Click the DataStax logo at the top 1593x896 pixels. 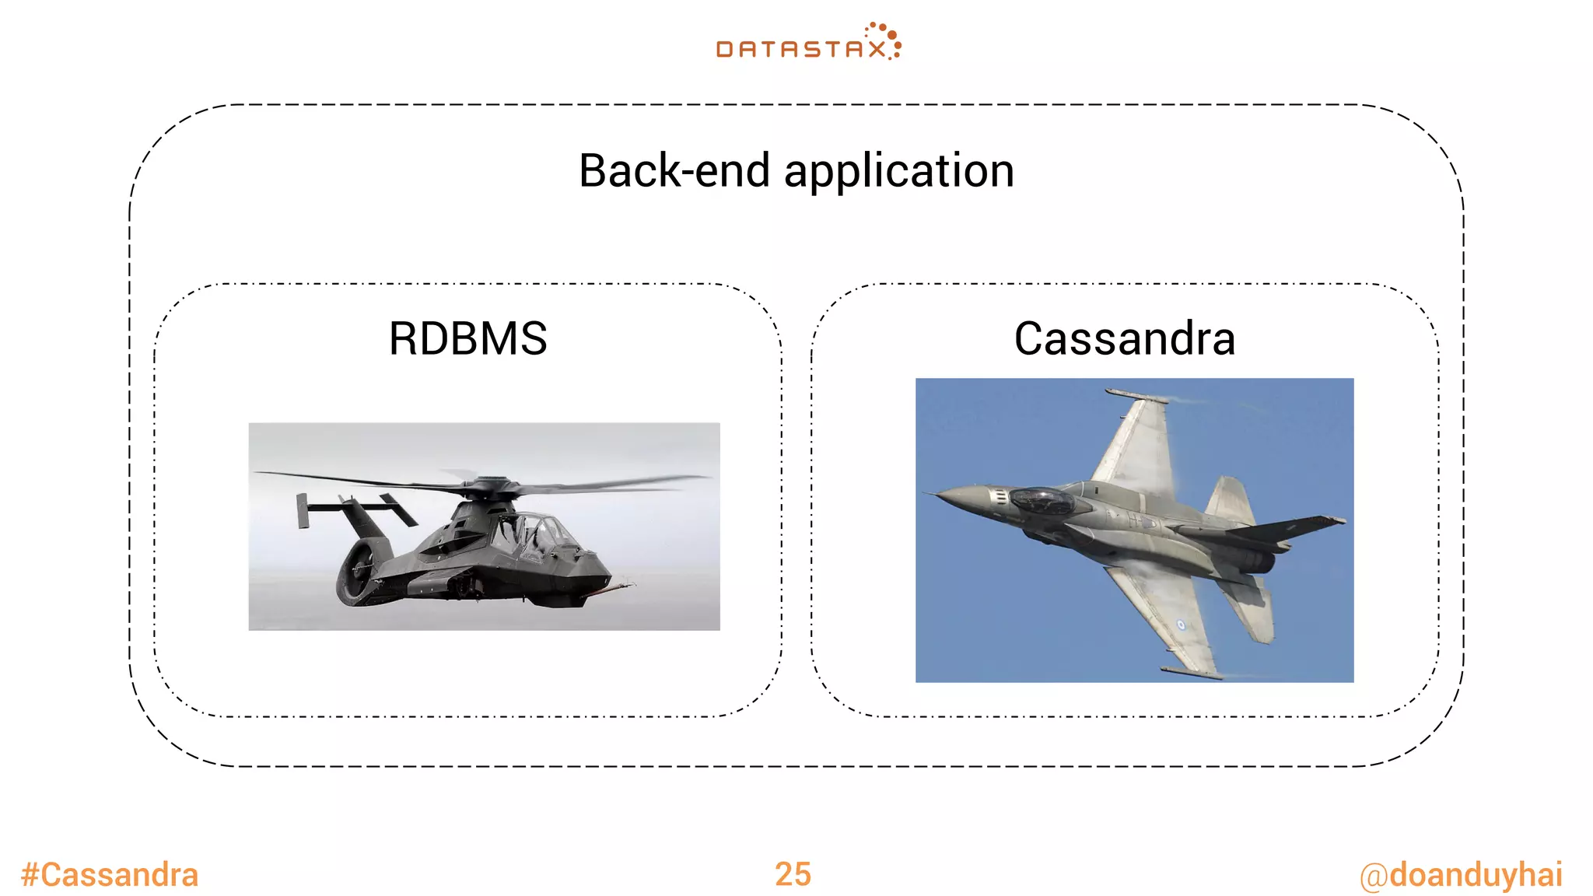pyautogui.click(x=807, y=44)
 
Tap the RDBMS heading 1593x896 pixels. pyautogui.click(x=467, y=339)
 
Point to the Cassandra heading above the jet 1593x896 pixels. pyautogui.click(x=1124, y=339)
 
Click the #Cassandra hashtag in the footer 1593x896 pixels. pyautogui.click(x=110, y=875)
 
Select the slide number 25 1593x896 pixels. pyautogui.click(x=793, y=875)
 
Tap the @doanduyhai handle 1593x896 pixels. pyautogui.click(x=1460, y=875)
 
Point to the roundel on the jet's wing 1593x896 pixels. pyautogui.click(x=1181, y=624)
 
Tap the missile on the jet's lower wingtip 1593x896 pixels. pyautogui.click(x=1190, y=671)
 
